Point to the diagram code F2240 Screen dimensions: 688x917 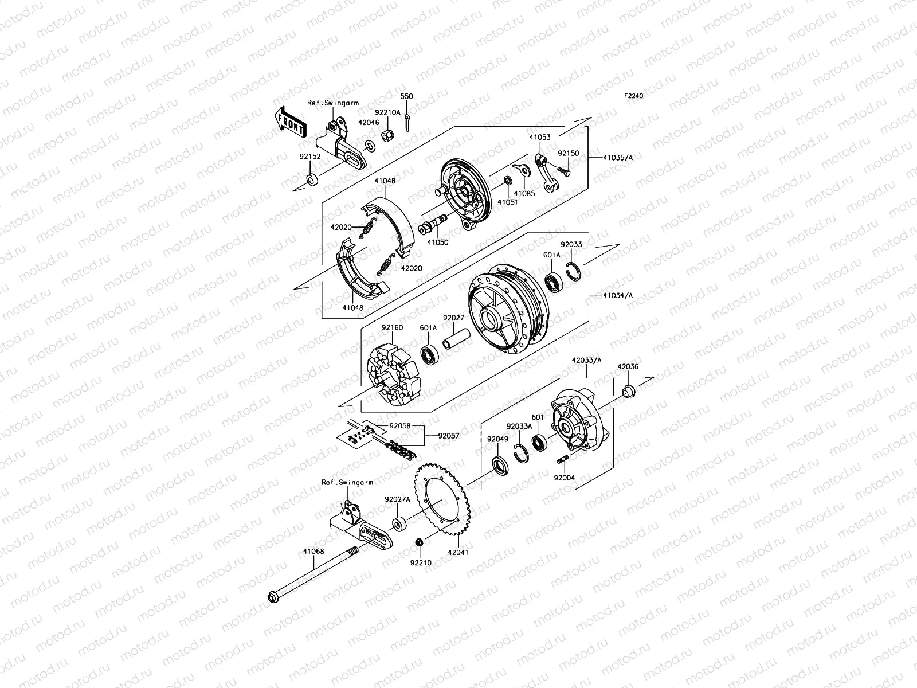[634, 96]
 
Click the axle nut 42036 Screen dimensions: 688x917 [628, 392]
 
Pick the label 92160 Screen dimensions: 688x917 [393, 328]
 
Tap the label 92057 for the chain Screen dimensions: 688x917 [449, 436]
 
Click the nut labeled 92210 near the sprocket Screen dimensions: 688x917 [419, 542]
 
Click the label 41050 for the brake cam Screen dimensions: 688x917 [438, 243]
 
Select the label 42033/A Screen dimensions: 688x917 [586, 361]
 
